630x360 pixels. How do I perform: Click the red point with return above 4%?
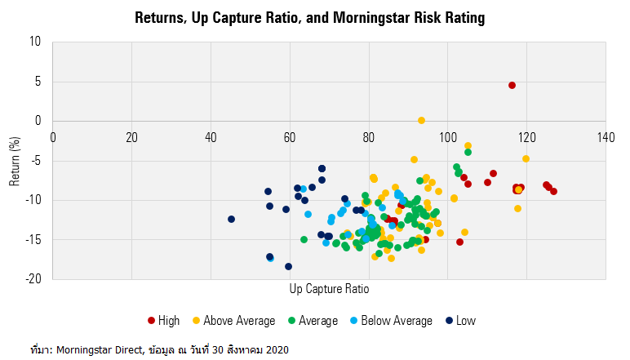pyautogui.click(x=512, y=85)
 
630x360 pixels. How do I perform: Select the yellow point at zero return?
pyautogui.click(x=421, y=120)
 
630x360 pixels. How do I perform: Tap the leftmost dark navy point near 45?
pyautogui.click(x=231, y=219)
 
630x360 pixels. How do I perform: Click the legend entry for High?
pyautogui.click(x=163, y=321)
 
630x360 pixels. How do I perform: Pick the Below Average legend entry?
pyautogui.click(x=393, y=321)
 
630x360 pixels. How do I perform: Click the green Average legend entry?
pyautogui.click(x=311, y=321)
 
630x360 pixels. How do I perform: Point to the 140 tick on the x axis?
pyautogui.click(x=606, y=136)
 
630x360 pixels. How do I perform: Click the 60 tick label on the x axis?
pyautogui.click(x=290, y=136)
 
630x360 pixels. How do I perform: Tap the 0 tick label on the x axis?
pyautogui.click(x=53, y=136)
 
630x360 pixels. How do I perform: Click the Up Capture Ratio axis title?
pyautogui.click(x=330, y=290)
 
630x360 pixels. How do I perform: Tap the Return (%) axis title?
pyautogui.click(x=15, y=160)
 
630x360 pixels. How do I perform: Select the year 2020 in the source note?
pyautogui.click(x=277, y=349)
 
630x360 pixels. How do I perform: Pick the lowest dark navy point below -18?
pyautogui.click(x=288, y=266)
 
